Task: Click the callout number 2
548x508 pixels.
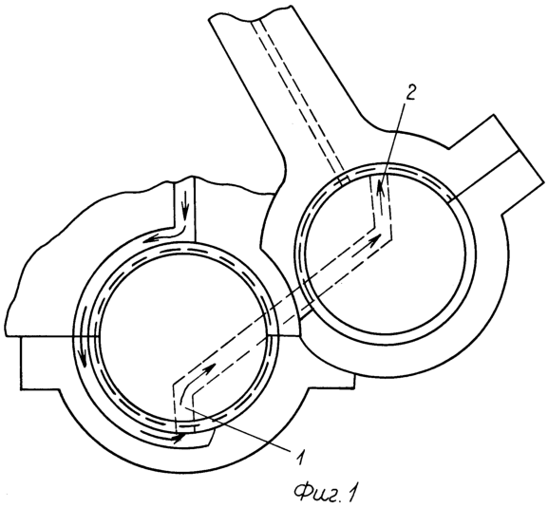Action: [409, 93]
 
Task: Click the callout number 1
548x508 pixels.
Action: [299, 457]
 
